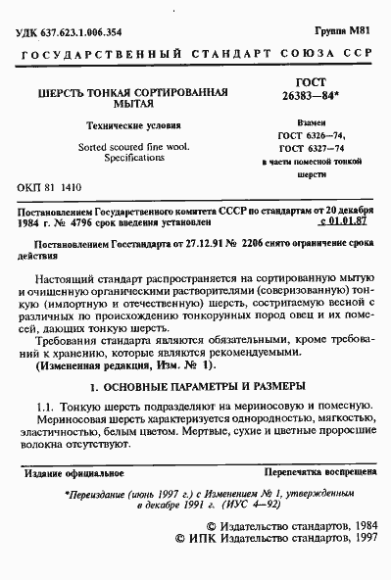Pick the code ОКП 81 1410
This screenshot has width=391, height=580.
pos(51,186)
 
